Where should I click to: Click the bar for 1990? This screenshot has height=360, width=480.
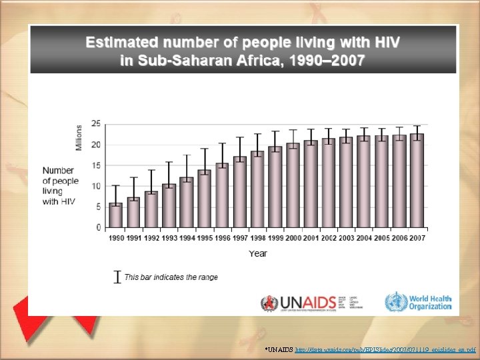115,215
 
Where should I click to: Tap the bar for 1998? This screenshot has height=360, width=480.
257,189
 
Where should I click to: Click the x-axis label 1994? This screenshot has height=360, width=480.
186,238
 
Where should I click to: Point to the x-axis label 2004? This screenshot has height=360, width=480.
363,238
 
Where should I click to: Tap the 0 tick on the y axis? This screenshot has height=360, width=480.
98,228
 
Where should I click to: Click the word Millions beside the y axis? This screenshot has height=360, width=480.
79,137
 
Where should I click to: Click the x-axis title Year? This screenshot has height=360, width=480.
258,253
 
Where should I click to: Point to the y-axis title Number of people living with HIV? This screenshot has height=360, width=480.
60,186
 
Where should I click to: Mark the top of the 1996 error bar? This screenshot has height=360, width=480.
222,143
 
